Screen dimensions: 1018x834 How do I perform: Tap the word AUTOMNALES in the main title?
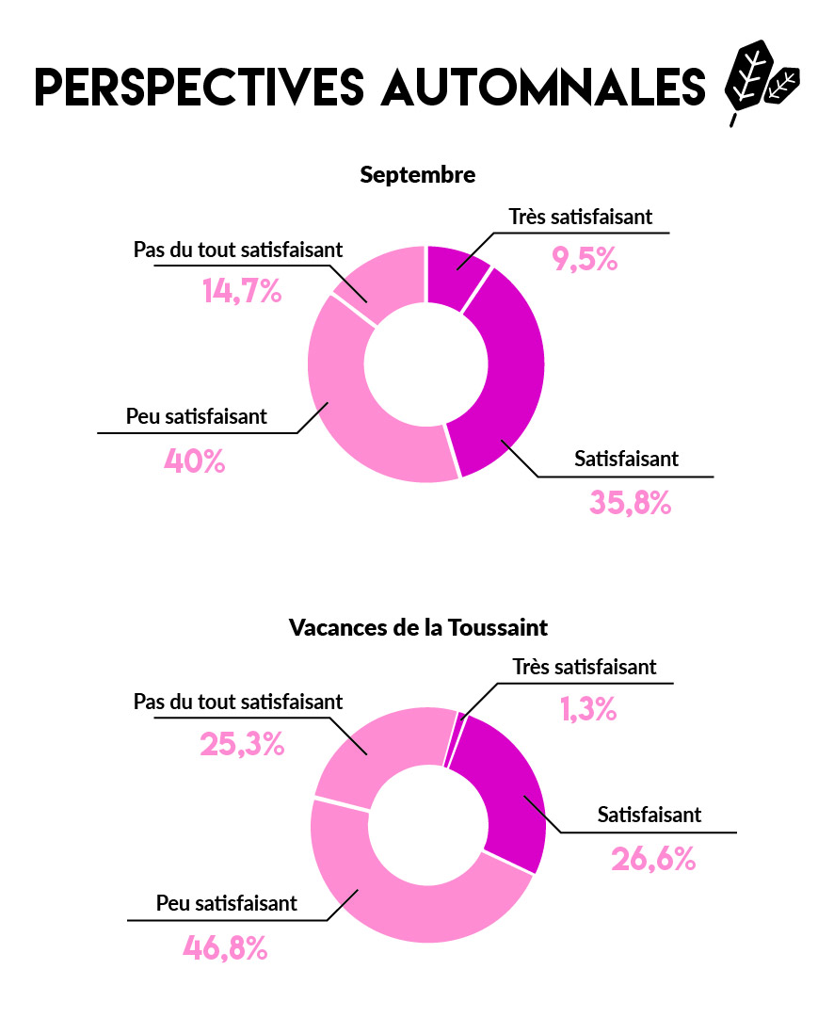point(543,87)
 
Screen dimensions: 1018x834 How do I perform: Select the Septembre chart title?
point(417,175)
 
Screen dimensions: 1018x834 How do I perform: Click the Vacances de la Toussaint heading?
point(418,627)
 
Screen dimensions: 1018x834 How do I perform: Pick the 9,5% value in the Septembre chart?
point(585,259)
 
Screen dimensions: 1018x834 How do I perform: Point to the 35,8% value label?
point(630,503)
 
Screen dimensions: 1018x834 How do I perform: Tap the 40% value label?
point(195,461)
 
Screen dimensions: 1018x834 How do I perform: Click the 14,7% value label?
point(242,291)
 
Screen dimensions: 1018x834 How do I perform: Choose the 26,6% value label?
point(653,858)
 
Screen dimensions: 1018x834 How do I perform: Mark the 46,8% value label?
point(225,946)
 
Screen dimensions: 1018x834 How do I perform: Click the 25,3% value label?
point(242,745)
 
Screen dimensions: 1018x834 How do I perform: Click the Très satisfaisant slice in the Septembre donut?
point(456,274)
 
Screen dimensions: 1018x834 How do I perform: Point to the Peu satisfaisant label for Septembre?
point(197,415)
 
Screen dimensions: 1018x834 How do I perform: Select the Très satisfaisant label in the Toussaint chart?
point(585,667)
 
